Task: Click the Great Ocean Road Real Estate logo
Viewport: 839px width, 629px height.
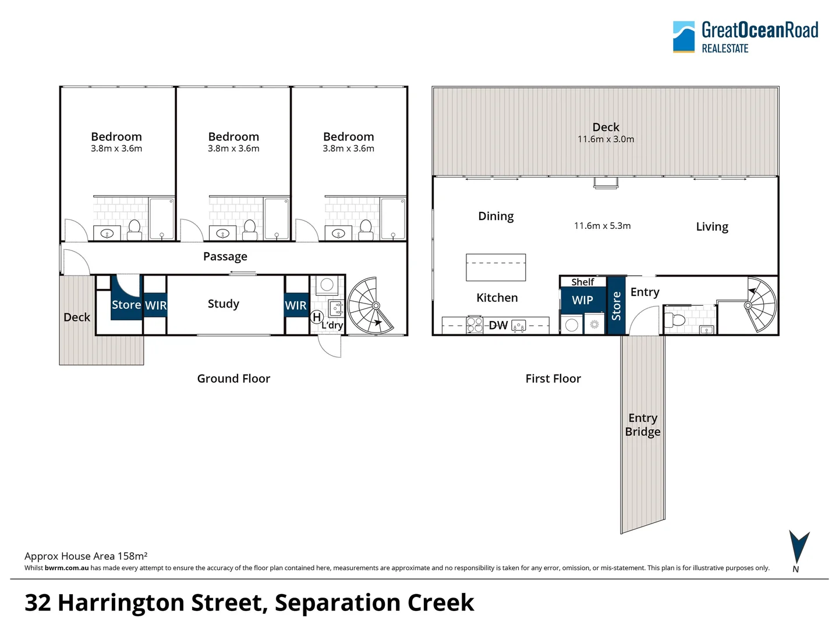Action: (x=745, y=37)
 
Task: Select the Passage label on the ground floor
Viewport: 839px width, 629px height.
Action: (x=225, y=256)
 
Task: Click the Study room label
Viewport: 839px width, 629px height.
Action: (x=223, y=303)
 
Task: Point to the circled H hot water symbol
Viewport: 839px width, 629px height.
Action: (x=317, y=317)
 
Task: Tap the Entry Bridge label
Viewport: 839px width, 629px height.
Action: (x=642, y=425)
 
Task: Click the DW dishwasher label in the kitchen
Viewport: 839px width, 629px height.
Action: (x=498, y=325)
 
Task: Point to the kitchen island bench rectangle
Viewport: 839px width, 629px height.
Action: (x=495, y=267)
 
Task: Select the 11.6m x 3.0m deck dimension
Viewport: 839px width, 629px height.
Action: (x=606, y=139)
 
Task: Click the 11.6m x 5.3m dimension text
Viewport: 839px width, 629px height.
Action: (x=602, y=225)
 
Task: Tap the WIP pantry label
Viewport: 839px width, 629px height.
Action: (x=582, y=300)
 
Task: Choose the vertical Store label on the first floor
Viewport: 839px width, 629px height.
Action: (x=616, y=306)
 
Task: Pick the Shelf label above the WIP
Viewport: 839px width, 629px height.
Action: (x=582, y=282)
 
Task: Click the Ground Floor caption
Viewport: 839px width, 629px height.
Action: (x=233, y=379)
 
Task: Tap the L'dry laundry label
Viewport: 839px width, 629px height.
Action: (x=332, y=325)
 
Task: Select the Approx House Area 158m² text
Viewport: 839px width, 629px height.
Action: (x=86, y=556)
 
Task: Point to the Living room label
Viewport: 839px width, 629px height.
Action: (x=711, y=227)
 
